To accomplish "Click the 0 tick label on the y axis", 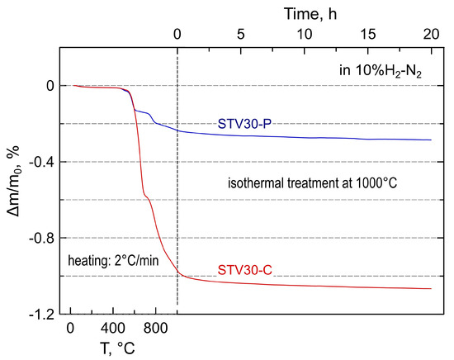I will coord(51,86).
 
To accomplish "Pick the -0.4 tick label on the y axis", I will coord(43,162).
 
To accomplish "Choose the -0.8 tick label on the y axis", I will coord(43,239).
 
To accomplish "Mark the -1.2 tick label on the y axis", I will coord(43,315).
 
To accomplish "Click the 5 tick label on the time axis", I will coord(240,34).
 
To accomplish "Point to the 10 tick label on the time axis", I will coord(304,34).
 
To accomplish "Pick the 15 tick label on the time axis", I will coord(367,34).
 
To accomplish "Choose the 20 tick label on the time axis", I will coord(430,34).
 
